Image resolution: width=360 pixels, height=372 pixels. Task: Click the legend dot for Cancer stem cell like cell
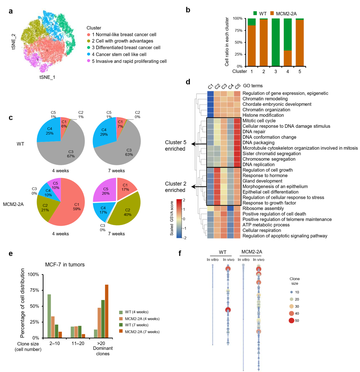(x=89, y=54)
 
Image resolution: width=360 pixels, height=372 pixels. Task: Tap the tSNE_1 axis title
(x=47, y=77)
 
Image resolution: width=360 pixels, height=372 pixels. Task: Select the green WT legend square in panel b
(x=255, y=13)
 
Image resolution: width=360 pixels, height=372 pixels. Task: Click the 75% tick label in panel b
(x=238, y=30)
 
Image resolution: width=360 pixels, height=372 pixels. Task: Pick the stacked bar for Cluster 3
(x=276, y=42)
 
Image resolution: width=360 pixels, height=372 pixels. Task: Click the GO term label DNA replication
(x=258, y=165)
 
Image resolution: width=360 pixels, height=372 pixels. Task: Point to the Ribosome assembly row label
(x=263, y=209)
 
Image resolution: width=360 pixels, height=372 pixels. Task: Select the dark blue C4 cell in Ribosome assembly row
(x=231, y=209)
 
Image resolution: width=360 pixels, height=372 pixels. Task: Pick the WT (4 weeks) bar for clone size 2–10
(x=49, y=316)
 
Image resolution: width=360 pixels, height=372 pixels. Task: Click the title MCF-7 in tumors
(x=65, y=265)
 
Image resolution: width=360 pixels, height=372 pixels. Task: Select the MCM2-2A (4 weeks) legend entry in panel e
(x=142, y=319)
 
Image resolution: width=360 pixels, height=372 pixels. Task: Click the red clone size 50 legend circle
(x=291, y=321)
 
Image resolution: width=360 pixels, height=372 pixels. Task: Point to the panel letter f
(x=180, y=253)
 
